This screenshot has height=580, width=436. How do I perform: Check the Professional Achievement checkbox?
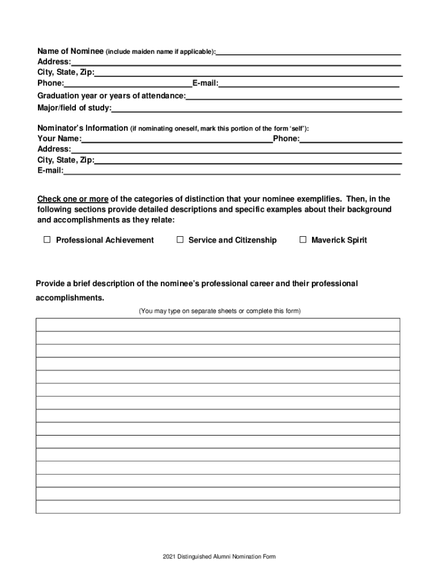tap(48, 240)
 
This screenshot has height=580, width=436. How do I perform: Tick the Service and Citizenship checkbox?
tap(180, 240)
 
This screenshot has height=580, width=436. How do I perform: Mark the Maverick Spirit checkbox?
tap(303, 240)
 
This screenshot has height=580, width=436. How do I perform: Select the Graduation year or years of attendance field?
tap(293, 96)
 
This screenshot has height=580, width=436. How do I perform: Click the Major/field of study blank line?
tap(257, 108)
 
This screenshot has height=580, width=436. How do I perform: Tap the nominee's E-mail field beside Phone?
tap(309, 84)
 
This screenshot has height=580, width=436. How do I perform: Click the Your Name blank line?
tap(177, 139)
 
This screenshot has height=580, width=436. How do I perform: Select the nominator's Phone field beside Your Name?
tap(351, 139)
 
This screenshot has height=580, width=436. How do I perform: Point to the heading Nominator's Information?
tap(83, 128)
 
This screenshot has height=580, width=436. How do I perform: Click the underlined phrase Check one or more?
tap(73, 199)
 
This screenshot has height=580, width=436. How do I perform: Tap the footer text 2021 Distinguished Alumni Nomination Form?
tap(218, 557)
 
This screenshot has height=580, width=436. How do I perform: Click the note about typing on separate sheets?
tap(220, 311)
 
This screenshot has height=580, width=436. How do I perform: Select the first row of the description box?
tap(218, 325)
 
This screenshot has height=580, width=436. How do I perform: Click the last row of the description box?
tap(218, 507)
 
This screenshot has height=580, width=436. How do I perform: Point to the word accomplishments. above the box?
tap(70, 298)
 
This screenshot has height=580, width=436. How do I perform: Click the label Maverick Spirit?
tap(339, 240)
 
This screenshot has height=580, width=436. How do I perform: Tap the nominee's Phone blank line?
tap(127, 84)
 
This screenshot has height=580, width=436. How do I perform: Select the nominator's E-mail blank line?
tap(232, 170)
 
